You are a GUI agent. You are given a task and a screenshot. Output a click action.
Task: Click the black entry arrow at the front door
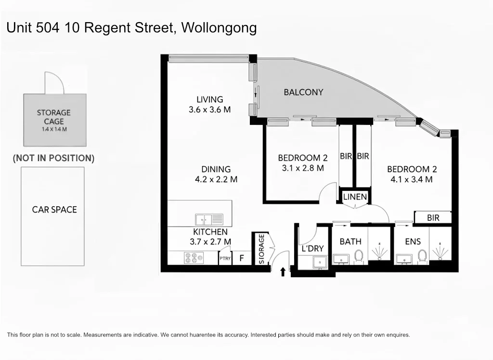pyautogui.click(x=283, y=272)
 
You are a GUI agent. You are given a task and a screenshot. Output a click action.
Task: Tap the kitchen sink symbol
pyautogui.click(x=209, y=220)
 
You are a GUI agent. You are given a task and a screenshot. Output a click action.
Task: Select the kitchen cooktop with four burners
pyautogui.click(x=194, y=258)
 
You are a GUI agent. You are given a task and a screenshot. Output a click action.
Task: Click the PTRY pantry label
pyautogui.click(x=225, y=259)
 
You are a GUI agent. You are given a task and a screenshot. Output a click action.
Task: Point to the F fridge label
pyautogui.click(x=242, y=258)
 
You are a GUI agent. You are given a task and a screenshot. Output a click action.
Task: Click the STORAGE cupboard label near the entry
pyautogui.click(x=261, y=249)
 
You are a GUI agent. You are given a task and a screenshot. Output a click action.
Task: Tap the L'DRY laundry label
pyautogui.click(x=312, y=249)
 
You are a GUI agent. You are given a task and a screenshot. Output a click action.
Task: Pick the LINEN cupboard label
pyautogui.click(x=355, y=197)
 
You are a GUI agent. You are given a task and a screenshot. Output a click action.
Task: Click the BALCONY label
pyautogui.click(x=303, y=92)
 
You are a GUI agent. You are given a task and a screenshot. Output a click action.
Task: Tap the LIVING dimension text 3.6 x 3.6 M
pyautogui.click(x=209, y=109)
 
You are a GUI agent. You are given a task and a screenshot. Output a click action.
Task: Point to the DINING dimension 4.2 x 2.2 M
pyautogui.click(x=216, y=179)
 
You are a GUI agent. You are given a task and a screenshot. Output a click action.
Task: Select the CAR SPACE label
pyautogui.click(x=54, y=210)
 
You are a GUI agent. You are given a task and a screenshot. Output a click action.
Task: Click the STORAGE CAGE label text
pyautogui.click(x=54, y=117)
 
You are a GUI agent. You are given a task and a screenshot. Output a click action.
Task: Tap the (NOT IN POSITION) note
pyautogui.click(x=53, y=158)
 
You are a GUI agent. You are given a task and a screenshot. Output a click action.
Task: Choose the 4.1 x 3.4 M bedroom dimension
pyautogui.click(x=412, y=179)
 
